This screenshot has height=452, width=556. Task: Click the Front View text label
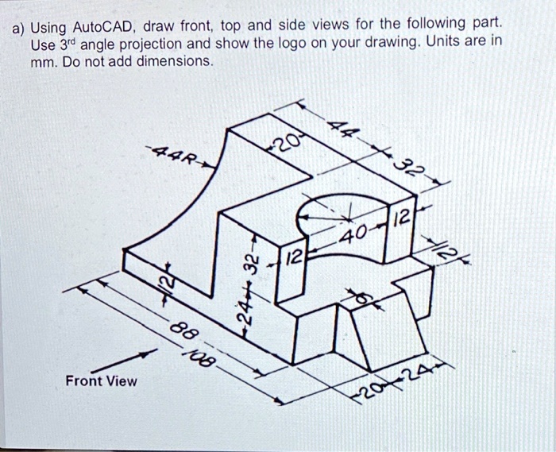(102, 381)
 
